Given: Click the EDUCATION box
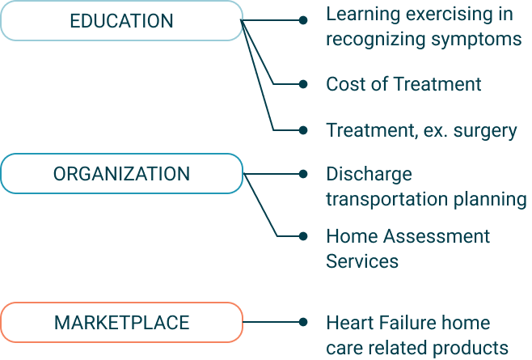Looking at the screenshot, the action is pyautogui.click(x=121, y=21).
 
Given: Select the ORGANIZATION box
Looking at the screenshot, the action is pyautogui.click(x=121, y=174).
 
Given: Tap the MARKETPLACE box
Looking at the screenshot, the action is pyautogui.click(x=121, y=323).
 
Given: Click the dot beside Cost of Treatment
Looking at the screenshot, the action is pyautogui.click(x=303, y=83).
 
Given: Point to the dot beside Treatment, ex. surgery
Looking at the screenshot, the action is pyautogui.click(x=303, y=129).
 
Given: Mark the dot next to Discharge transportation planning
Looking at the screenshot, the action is pyautogui.click(x=303, y=173).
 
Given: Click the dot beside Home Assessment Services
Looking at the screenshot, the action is pyautogui.click(x=303, y=236).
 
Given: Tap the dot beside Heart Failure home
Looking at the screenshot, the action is pyautogui.click(x=303, y=322).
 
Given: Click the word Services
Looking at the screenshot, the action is pyautogui.click(x=362, y=261).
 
